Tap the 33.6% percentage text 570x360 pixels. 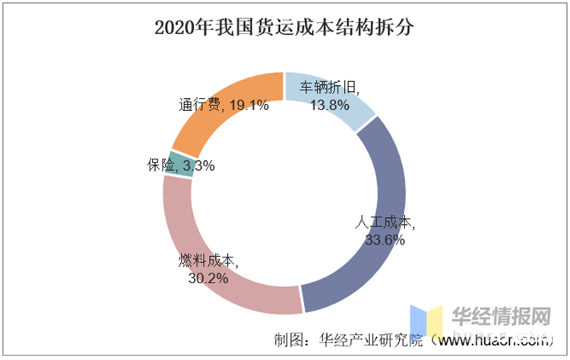pos(384,239)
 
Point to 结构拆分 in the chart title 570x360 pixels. pos(375,28)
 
